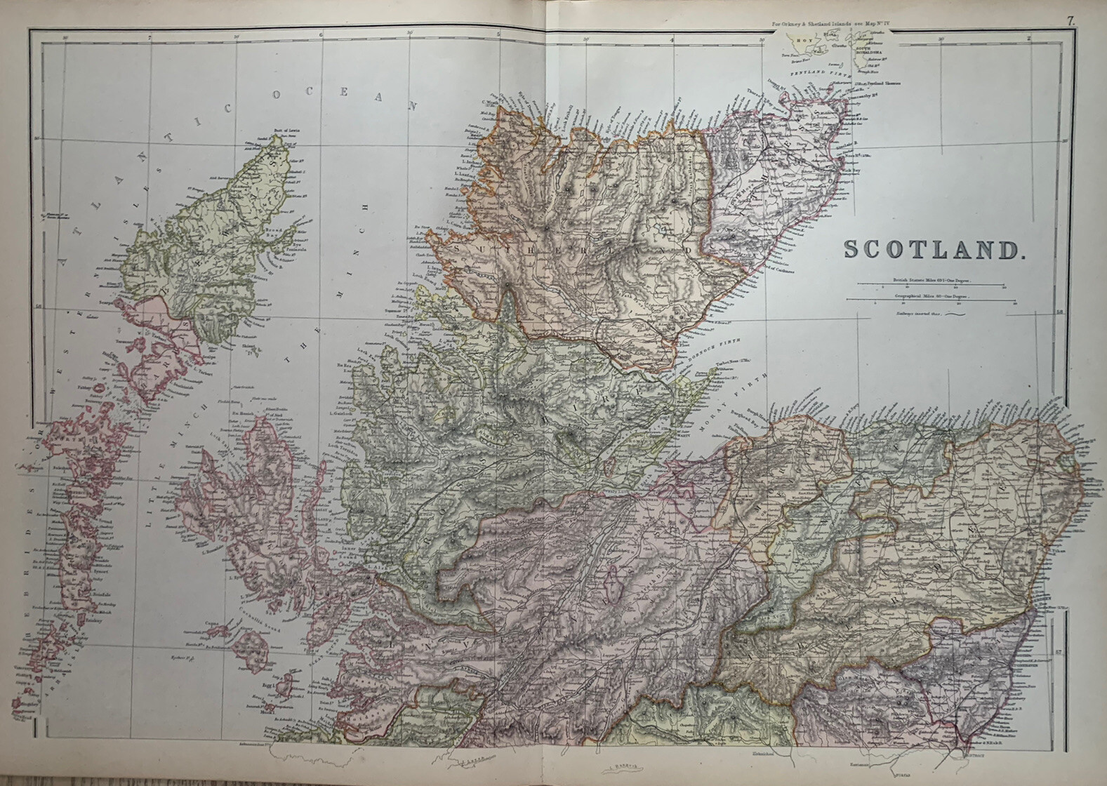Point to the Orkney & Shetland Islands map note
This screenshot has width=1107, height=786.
tap(830, 25)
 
